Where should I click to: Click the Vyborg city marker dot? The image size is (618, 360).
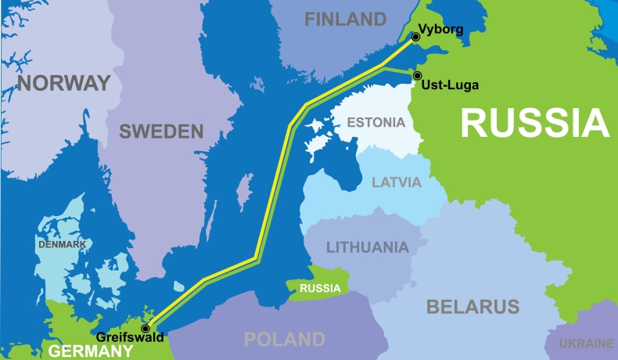click(415, 36)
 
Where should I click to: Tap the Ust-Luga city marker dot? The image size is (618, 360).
click(417, 75)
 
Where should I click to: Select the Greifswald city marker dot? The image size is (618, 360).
click(145, 328)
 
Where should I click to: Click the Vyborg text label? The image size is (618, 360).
click(441, 30)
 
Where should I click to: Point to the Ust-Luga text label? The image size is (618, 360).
click(449, 85)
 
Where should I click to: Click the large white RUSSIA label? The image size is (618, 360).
click(534, 123)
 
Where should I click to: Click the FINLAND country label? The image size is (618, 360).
click(345, 19)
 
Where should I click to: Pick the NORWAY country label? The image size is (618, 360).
click(64, 83)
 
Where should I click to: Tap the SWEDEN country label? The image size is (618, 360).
click(161, 131)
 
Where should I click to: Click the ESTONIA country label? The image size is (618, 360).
click(376, 122)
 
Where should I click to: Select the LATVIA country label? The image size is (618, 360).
click(397, 182)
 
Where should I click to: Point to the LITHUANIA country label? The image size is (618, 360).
click(367, 247)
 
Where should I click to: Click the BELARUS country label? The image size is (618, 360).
click(472, 306)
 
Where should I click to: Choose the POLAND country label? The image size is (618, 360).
click(284, 339)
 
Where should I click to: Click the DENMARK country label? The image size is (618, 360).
click(62, 244)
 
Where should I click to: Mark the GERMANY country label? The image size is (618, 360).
click(91, 351)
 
